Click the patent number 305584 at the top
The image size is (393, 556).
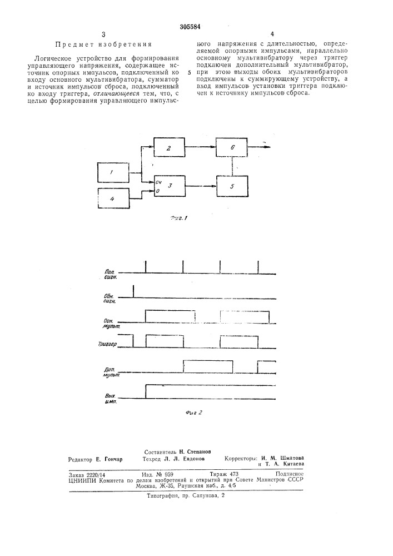(190, 27)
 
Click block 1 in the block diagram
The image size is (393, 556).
(113, 172)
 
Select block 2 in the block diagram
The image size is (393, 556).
(169, 148)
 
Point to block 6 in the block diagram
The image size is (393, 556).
(232, 148)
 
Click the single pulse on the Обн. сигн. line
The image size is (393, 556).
(133, 291)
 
